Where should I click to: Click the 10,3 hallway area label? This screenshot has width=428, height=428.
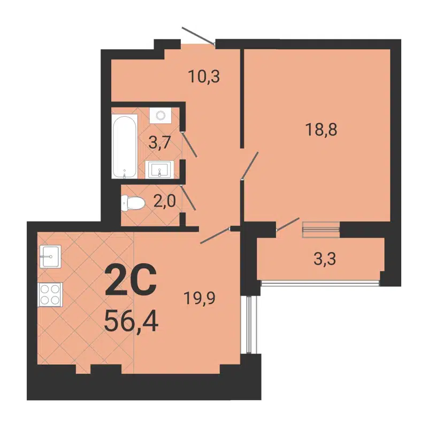point(204,77)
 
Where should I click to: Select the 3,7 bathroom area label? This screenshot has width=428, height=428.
point(160,143)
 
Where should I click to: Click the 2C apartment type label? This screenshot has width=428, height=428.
point(131,281)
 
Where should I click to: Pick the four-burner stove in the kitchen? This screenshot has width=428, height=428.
point(50,294)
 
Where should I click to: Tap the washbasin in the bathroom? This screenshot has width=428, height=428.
point(159,170)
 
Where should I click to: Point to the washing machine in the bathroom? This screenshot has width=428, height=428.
point(160,115)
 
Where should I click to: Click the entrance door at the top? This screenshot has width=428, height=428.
point(198,35)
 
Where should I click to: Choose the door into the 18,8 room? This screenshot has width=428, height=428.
point(249,165)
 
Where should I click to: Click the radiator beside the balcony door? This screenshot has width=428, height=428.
point(321,230)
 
